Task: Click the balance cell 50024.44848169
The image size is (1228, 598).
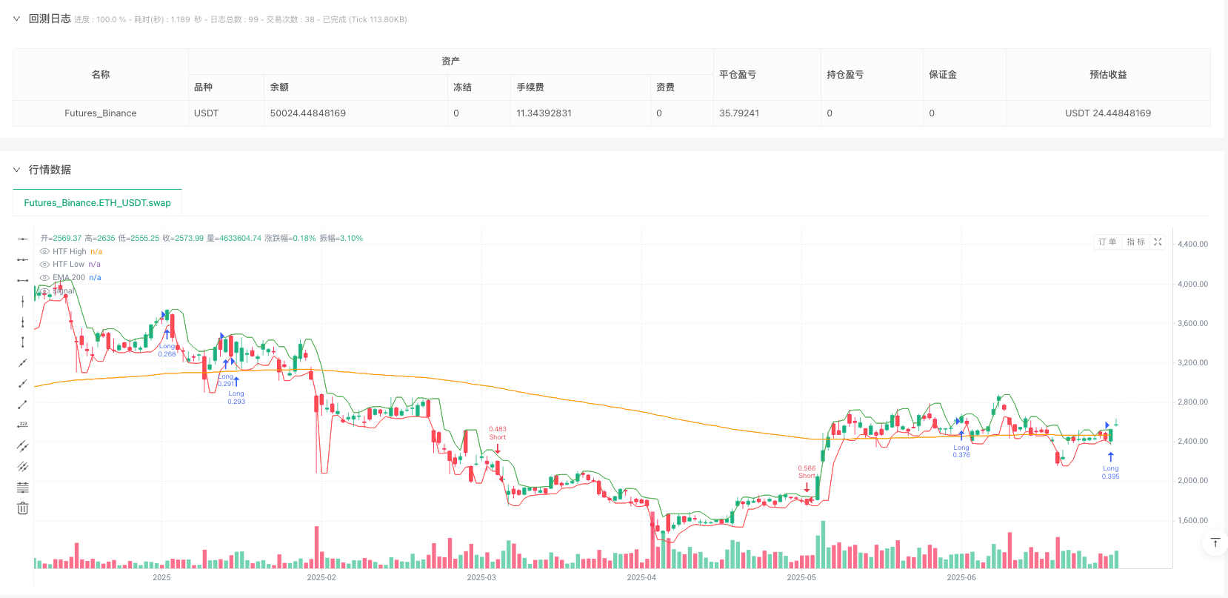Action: click(307, 113)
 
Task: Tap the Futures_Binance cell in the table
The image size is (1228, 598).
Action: click(100, 113)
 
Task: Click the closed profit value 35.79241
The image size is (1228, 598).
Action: click(738, 113)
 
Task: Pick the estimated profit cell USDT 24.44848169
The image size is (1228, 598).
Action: click(1107, 113)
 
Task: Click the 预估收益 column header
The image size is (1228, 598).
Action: click(1107, 75)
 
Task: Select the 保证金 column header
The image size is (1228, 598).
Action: click(942, 75)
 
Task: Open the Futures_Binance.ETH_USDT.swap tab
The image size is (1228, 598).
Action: click(97, 203)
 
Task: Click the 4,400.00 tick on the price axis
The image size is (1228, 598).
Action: click(1192, 244)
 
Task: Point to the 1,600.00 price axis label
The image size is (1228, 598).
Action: click(1192, 520)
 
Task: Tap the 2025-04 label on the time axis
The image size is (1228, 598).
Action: click(641, 578)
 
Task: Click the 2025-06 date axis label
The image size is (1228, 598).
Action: click(961, 578)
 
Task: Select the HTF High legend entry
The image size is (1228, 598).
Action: click(69, 252)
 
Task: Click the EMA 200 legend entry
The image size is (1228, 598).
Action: click(68, 278)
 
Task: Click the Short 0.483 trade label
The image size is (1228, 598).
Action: click(498, 433)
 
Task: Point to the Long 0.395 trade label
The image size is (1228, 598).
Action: click(1110, 472)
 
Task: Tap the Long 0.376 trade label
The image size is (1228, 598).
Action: click(961, 451)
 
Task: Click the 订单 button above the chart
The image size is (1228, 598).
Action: click(1107, 242)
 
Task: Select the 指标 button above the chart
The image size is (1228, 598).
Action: click(1135, 242)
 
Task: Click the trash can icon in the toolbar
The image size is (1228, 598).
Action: click(23, 508)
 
